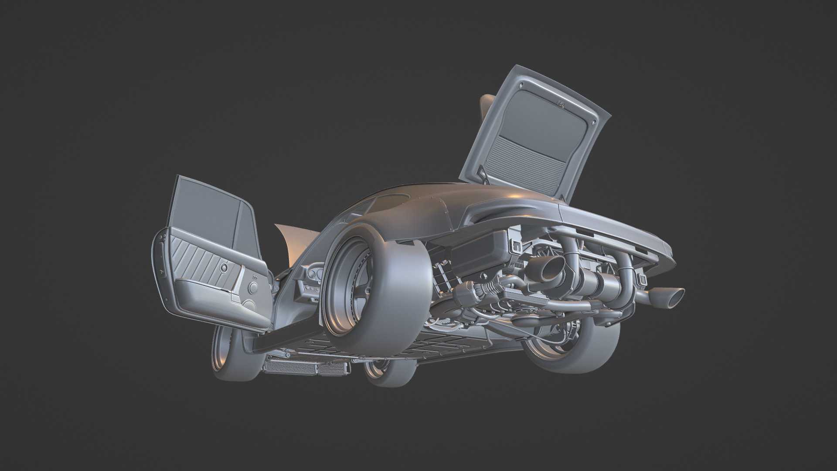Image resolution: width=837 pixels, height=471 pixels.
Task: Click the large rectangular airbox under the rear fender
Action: click(x=480, y=253)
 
